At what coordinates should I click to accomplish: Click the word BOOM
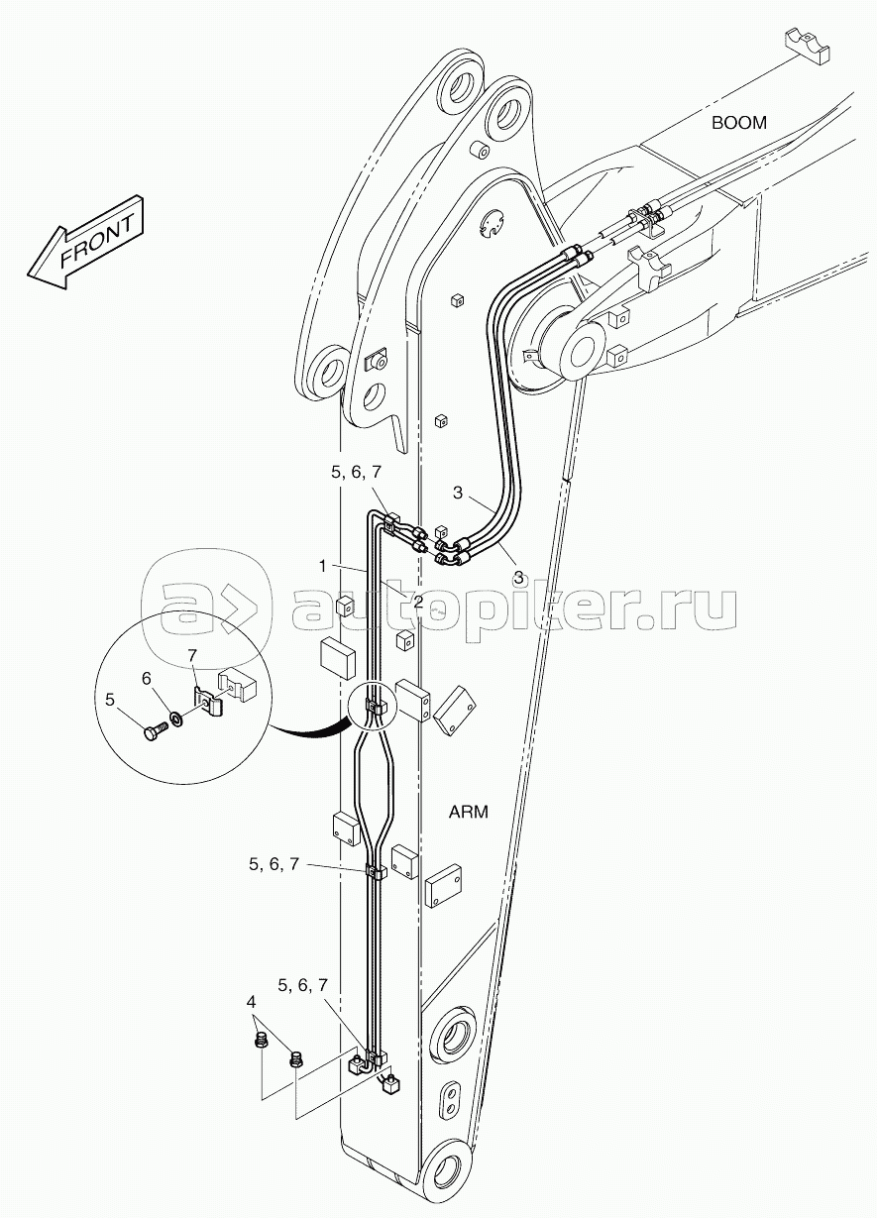point(738,123)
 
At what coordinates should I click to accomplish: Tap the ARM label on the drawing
point(469,812)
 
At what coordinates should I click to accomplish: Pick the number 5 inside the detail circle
point(111,701)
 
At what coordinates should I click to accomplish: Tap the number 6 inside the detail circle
point(147,678)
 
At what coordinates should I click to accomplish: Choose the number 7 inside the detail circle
point(193,656)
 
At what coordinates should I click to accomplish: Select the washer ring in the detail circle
point(174,716)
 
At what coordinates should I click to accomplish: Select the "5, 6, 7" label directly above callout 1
point(356,475)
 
